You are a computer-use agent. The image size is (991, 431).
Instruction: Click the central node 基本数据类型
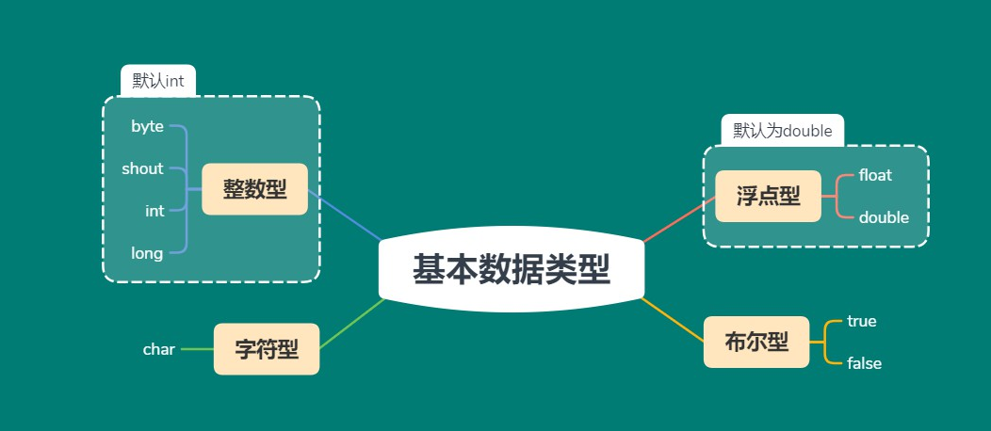pyautogui.click(x=512, y=270)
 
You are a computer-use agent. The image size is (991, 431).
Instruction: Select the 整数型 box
pyautogui.click(x=254, y=189)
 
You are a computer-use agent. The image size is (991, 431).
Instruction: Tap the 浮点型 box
pyautogui.click(x=768, y=196)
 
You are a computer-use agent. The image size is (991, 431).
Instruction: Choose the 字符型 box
pyautogui.click(x=267, y=349)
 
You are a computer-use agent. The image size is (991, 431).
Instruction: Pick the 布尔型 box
pyautogui.click(x=756, y=342)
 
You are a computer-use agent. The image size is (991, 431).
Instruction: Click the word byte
pyautogui.click(x=147, y=126)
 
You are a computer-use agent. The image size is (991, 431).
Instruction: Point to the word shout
pyautogui.click(x=142, y=168)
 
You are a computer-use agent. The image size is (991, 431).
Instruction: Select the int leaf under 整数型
pyautogui.click(x=154, y=211)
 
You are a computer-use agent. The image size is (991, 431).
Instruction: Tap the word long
pyautogui.click(x=147, y=253)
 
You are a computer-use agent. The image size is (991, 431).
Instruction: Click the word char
pyautogui.click(x=159, y=349)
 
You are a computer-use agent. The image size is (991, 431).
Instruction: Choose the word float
pyautogui.click(x=875, y=175)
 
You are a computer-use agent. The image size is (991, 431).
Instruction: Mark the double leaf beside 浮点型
pyautogui.click(x=884, y=217)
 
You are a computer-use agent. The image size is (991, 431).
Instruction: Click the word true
pyautogui.click(x=861, y=321)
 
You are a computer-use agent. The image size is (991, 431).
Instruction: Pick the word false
pyautogui.click(x=864, y=363)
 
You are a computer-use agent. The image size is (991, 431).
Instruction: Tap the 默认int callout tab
pyautogui.click(x=158, y=81)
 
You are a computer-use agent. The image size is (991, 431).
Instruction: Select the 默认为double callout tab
pyautogui.click(x=782, y=131)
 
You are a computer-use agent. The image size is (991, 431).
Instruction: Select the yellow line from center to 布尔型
pyautogui.click(x=673, y=320)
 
